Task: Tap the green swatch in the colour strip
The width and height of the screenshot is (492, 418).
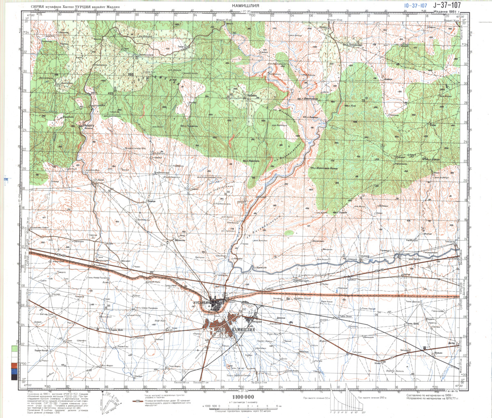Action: [14, 349]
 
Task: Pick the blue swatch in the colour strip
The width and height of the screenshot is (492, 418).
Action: [14, 371]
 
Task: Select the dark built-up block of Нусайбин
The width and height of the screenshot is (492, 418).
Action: [215, 302]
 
